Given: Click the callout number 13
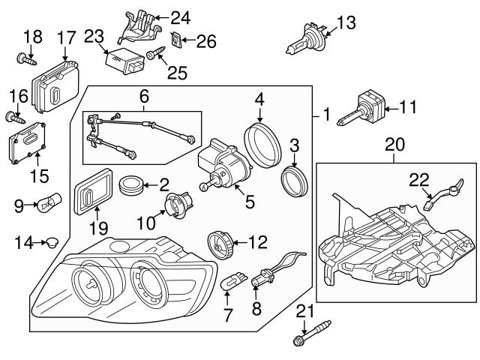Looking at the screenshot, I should pyautogui.click(x=346, y=24).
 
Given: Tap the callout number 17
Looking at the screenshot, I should pyautogui.click(x=66, y=37).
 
